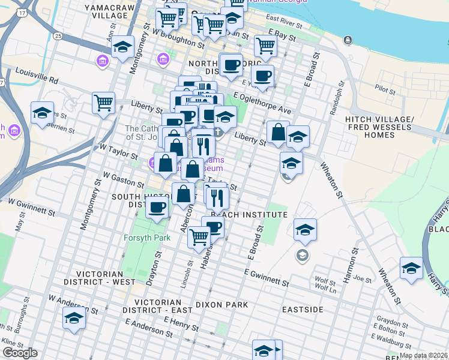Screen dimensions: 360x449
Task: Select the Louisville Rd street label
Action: pyautogui.click(x=38, y=79)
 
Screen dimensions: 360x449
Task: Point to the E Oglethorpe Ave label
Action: pyautogui.click(x=262, y=103)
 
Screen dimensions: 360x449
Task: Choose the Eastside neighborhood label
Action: pyautogui.click(x=303, y=310)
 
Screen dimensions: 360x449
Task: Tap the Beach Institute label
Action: pyautogui.click(x=249, y=214)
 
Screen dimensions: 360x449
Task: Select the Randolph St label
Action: pyautogui.click(x=337, y=100)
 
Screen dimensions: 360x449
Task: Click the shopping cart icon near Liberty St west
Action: pyautogui.click(x=104, y=103)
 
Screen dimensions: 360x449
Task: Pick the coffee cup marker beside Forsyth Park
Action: pyautogui.click(x=157, y=208)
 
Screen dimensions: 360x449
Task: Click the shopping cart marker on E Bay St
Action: pyautogui.click(x=265, y=45)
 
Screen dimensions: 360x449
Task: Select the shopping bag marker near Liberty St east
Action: pyautogui.click(x=278, y=133)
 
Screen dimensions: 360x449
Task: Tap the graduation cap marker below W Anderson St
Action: pyautogui.click(x=74, y=318)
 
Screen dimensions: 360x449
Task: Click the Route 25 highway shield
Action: pyautogui.click(x=58, y=36)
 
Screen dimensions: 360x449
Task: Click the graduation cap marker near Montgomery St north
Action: pyautogui.click(x=122, y=47)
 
